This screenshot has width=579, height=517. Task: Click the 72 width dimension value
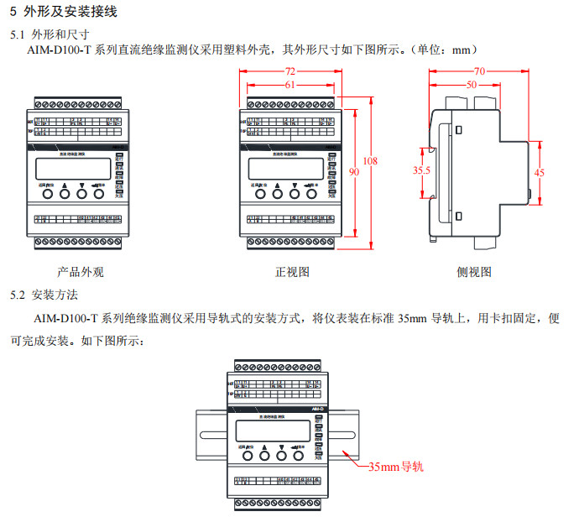[x=290, y=71]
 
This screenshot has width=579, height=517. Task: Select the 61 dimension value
[x=289, y=85]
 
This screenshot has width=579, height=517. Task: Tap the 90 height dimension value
[x=354, y=171]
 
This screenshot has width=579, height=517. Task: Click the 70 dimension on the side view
[x=479, y=71]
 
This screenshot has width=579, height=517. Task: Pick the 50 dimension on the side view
[x=471, y=85]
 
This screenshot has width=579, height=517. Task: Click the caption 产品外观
[x=81, y=272]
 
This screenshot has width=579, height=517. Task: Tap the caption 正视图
[x=293, y=272]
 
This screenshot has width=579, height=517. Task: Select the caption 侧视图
[x=474, y=272]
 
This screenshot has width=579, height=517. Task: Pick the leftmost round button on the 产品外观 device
[x=48, y=194]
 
